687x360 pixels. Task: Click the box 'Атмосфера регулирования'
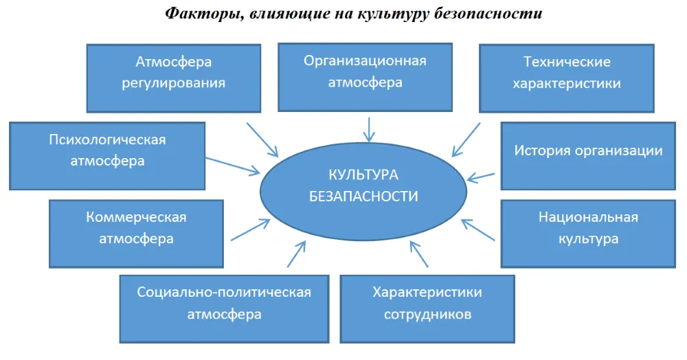click(174, 78)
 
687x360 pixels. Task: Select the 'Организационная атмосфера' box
click(365, 77)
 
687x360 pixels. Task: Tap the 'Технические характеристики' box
click(567, 78)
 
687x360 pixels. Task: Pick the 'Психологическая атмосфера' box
click(107, 156)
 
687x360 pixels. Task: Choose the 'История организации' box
click(588, 156)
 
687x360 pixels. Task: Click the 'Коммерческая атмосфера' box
click(136, 234)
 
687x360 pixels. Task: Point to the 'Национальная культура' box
click(588, 234)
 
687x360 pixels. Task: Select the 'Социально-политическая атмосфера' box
click(225, 308)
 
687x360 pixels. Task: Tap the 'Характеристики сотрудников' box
click(427, 308)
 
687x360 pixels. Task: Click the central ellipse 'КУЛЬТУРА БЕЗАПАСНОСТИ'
click(363, 192)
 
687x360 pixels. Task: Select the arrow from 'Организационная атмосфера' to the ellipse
click(369, 130)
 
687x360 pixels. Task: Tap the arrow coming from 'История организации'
click(481, 177)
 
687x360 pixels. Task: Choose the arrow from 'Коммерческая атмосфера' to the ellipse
click(251, 229)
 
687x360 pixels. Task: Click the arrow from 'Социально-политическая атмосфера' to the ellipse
click(296, 254)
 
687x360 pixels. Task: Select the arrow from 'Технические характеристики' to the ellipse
click(466, 139)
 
